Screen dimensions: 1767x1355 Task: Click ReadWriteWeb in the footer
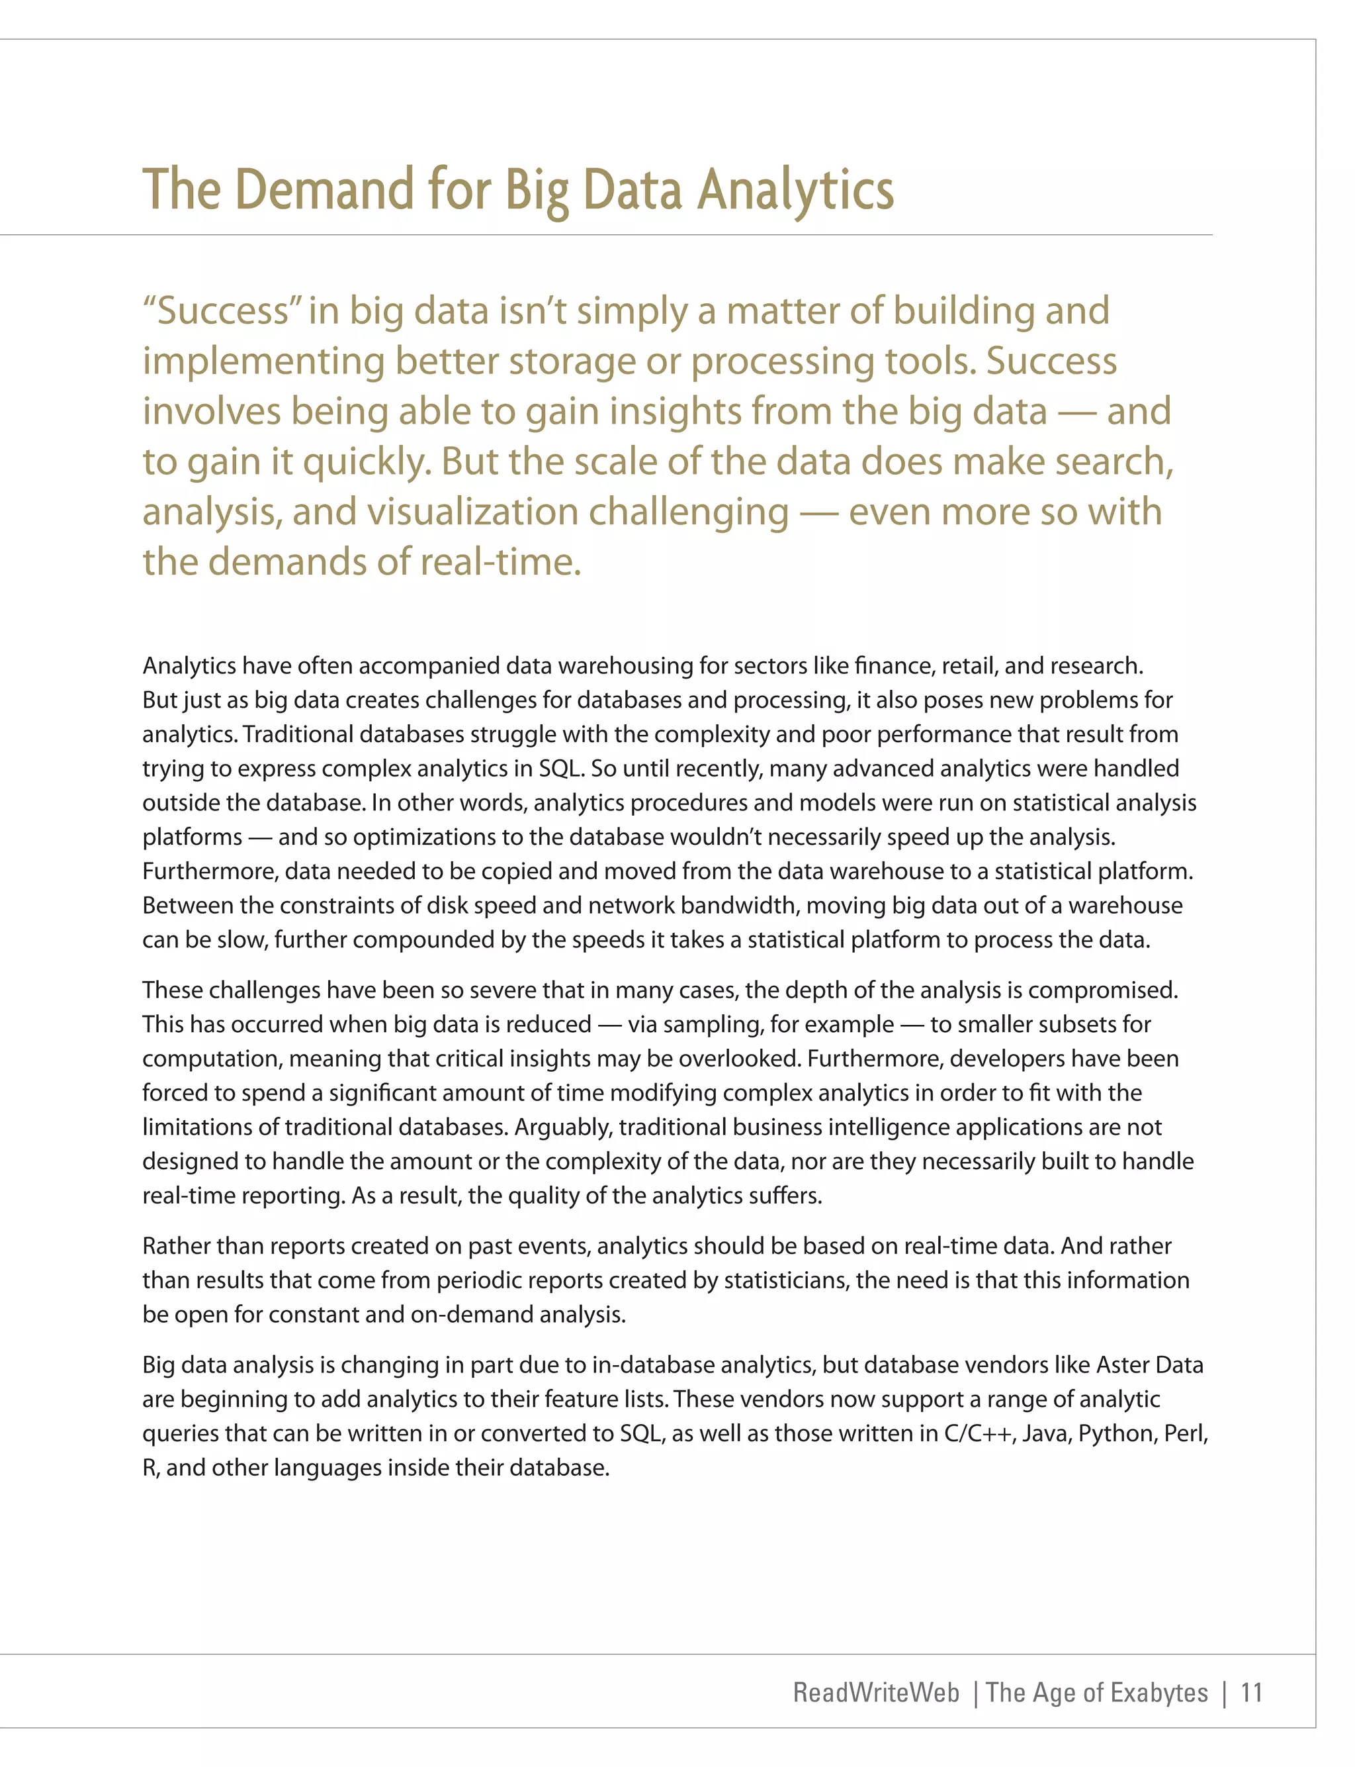click(x=876, y=1692)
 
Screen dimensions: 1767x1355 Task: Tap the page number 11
click(x=1251, y=1692)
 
